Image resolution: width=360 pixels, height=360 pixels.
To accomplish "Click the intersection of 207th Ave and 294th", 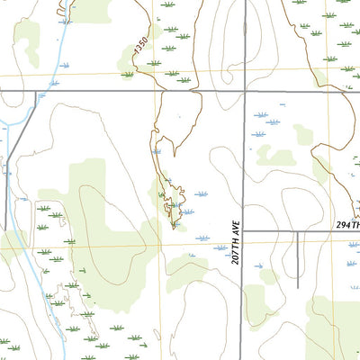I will [x=243, y=231].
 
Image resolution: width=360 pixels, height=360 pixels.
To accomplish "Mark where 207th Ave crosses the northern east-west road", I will [x=243, y=92].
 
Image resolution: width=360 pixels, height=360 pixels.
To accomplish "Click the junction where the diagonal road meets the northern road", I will [x=36, y=92].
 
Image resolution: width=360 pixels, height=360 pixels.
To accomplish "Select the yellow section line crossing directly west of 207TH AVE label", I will [x=164, y=243].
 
